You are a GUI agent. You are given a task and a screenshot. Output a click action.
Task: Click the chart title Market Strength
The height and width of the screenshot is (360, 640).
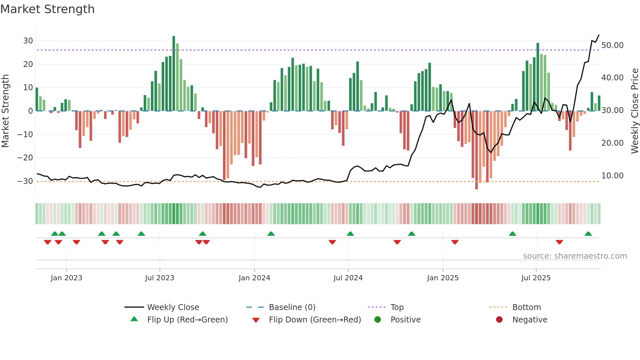click(47, 9)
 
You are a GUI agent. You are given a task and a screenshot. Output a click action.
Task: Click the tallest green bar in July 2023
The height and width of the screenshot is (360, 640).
click(174, 74)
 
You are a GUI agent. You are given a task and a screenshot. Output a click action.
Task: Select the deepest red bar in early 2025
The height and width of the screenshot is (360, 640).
click(476, 150)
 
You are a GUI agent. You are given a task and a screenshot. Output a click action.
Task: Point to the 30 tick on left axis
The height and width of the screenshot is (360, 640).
click(28, 41)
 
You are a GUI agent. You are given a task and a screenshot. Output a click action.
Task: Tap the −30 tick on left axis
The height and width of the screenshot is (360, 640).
click(25, 181)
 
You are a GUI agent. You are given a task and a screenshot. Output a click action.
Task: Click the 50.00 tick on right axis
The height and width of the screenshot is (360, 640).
click(612, 45)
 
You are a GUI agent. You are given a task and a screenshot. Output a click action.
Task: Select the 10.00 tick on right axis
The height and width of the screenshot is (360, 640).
click(612, 175)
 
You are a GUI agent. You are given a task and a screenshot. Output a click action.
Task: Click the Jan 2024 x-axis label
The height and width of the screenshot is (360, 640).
click(254, 278)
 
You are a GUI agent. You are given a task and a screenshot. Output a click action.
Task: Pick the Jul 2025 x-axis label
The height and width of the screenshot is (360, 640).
click(536, 278)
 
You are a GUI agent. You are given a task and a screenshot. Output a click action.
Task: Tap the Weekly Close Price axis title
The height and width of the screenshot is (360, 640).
click(634, 111)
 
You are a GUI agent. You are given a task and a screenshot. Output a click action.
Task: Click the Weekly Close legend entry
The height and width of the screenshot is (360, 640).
click(173, 307)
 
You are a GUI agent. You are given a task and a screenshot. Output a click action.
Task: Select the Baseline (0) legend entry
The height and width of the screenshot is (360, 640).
click(292, 307)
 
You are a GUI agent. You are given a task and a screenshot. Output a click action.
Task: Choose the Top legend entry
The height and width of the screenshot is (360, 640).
click(397, 307)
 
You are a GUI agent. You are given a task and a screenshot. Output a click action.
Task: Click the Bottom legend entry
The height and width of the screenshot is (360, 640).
click(526, 307)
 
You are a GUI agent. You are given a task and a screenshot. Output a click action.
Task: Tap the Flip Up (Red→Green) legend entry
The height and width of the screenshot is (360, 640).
click(187, 319)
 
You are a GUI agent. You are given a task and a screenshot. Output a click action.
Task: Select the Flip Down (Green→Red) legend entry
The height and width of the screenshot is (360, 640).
click(315, 319)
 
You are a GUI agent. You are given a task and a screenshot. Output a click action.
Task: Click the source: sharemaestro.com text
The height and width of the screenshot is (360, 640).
click(575, 256)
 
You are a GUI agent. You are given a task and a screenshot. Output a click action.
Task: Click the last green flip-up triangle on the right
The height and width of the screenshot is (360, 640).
click(588, 234)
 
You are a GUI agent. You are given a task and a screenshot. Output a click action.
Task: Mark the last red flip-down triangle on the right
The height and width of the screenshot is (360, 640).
click(559, 242)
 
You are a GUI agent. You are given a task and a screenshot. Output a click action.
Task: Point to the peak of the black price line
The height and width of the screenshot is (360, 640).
click(599, 35)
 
